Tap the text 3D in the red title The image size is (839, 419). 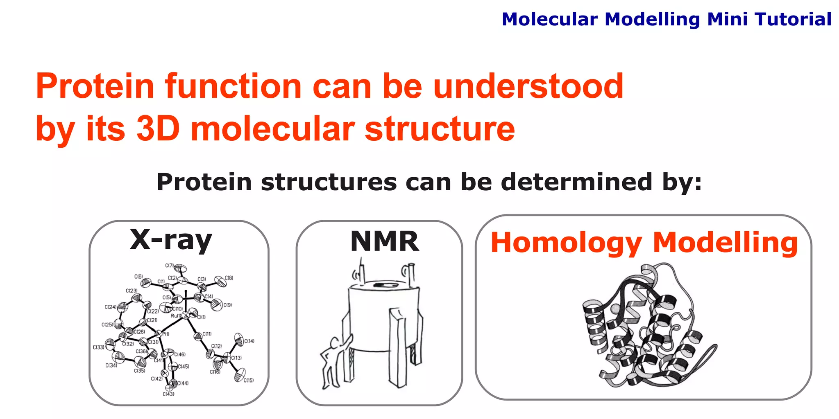tap(158, 128)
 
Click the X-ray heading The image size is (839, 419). tap(171, 240)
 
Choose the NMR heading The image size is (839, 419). tap(384, 241)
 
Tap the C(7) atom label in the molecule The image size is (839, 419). tap(170, 266)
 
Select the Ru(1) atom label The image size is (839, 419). tap(176, 316)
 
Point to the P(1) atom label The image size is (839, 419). tap(165, 334)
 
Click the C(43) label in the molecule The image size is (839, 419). tap(168, 394)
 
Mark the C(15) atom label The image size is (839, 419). tap(249, 380)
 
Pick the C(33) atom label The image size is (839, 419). tap(98, 347)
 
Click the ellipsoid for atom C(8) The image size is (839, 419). tap(220, 281)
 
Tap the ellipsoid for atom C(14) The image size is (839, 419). tap(238, 338)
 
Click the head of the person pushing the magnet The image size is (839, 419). tap(335, 342)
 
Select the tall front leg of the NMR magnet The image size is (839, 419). tap(398, 348)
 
